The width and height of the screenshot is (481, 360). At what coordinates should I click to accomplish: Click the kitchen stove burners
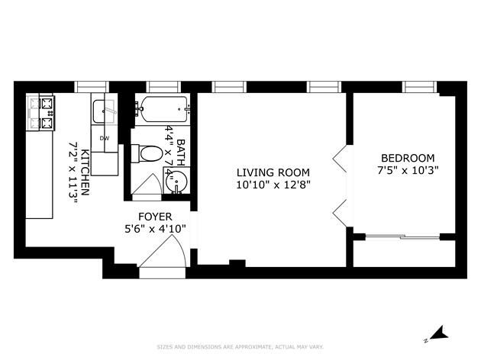(41, 111)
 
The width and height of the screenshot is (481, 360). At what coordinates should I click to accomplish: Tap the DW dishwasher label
(105, 138)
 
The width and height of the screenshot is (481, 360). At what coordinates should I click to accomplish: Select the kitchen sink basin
(104, 112)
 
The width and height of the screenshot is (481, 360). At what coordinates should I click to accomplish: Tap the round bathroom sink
(176, 184)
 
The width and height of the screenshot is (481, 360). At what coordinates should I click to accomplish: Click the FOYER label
(155, 216)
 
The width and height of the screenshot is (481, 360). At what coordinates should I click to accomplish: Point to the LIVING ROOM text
(273, 172)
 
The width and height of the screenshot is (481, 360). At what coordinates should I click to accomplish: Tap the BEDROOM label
(408, 158)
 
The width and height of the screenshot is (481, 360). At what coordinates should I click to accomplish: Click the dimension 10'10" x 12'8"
(273, 185)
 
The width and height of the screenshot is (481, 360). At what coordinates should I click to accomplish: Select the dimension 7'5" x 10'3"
(408, 170)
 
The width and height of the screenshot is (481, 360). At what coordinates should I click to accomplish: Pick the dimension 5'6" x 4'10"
(155, 228)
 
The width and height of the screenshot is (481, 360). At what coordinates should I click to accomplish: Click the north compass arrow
(437, 333)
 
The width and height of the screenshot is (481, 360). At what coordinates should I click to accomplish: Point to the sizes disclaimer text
(240, 347)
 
